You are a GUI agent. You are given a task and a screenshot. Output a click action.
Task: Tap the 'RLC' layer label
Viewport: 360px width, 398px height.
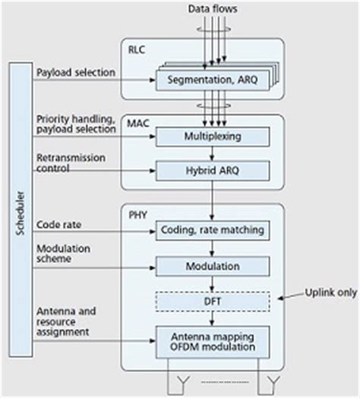pyautogui.click(x=137, y=53)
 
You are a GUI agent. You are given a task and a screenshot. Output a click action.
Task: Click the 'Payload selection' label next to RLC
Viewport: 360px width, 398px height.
pyautogui.click(x=75, y=72)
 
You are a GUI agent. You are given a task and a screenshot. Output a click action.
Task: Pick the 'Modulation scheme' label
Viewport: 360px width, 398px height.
pyautogui.click(x=65, y=254)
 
